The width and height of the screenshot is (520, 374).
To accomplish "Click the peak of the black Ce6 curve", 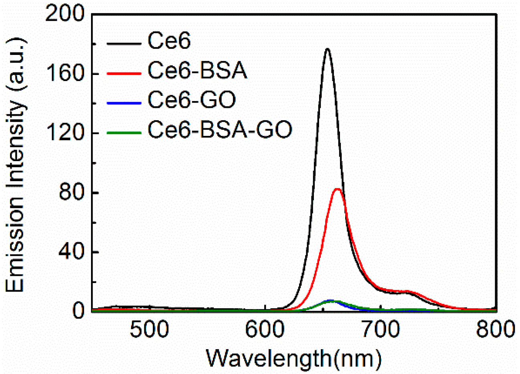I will pyautogui.click(x=328, y=49).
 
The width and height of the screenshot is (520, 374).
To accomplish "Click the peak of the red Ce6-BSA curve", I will pyautogui.click(x=337, y=189).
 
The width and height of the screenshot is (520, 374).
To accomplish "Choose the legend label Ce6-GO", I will pyautogui.click(x=191, y=100).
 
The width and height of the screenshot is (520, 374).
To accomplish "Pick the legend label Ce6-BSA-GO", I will pyautogui.click(x=220, y=129).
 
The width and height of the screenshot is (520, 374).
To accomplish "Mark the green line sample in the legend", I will pyautogui.click(x=124, y=132).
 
